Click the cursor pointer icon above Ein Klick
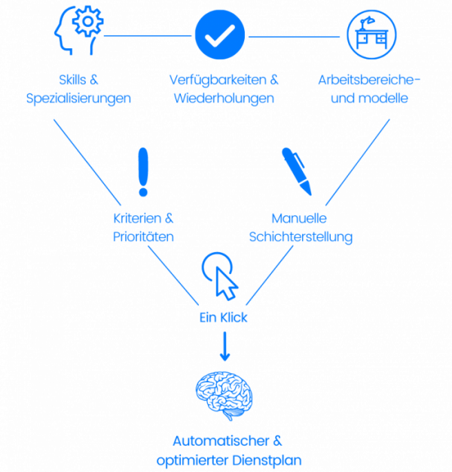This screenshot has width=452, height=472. tap(221, 276)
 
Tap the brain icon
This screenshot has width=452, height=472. tap(224, 396)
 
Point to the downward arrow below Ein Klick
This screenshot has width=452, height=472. tap(224, 347)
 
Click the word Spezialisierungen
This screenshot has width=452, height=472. tap(78, 98)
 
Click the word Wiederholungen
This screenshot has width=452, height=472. tap(224, 98)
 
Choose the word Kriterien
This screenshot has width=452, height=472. tap(134, 219)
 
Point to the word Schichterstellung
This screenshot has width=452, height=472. tap(301, 236)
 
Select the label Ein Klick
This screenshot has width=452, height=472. tap(223, 318)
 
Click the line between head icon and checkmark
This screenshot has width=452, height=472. tap(148, 35)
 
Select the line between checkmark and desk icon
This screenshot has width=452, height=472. tap(295, 35)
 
